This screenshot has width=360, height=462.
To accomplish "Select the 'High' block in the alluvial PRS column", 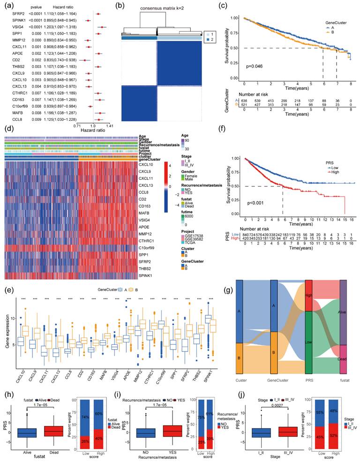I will (309, 296).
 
